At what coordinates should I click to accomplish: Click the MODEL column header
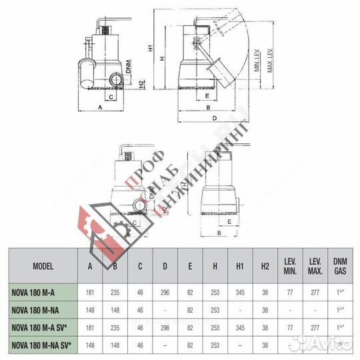(43, 265)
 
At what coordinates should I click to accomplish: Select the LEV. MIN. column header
(289, 265)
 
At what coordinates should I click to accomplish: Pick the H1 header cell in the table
(241, 265)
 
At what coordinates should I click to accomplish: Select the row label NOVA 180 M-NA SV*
(44, 344)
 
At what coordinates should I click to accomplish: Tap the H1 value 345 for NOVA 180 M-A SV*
(241, 327)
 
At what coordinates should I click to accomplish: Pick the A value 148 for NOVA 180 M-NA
(90, 309)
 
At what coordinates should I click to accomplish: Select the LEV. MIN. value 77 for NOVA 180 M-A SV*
(289, 327)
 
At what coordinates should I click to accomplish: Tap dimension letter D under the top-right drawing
(214, 118)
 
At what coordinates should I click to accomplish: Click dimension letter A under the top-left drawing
(99, 107)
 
